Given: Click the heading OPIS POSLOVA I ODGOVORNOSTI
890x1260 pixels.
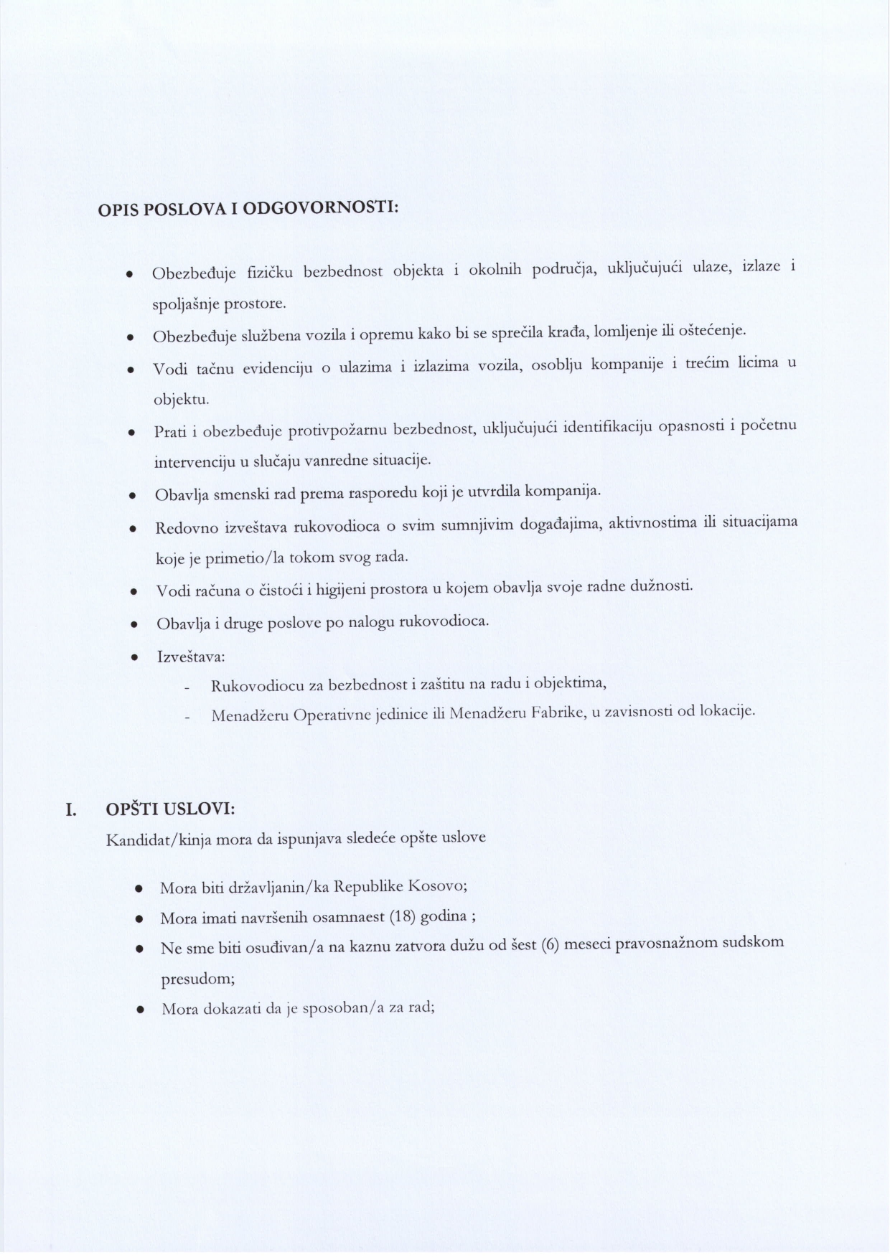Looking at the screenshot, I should pos(248,210).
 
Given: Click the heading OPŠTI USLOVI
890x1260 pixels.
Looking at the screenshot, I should pos(170,809).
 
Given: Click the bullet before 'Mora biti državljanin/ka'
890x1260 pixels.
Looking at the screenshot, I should pos(139,889).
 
